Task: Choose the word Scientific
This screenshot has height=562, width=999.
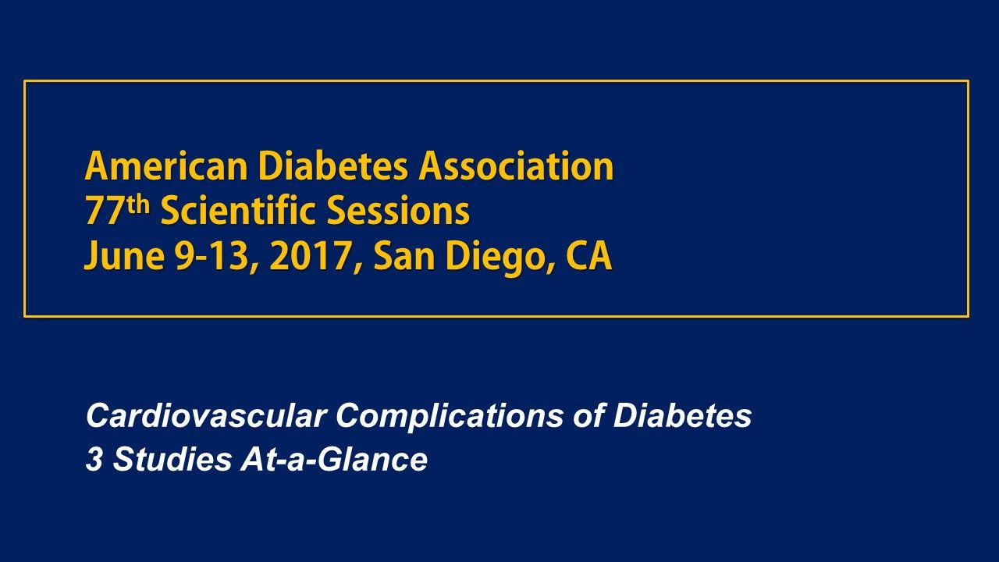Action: [239, 212]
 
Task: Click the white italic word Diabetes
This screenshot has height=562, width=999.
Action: [682, 416]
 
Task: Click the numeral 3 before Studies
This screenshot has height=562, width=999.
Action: [94, 460]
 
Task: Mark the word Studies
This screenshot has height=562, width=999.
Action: [171, 460]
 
